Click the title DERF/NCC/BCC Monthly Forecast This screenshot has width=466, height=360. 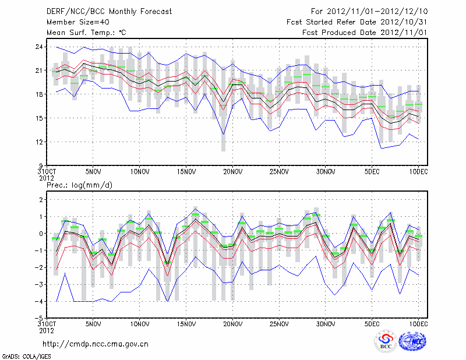109,12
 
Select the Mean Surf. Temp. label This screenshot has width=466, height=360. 86,33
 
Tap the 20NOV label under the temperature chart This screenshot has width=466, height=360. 232,172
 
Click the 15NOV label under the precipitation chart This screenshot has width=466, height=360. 186,324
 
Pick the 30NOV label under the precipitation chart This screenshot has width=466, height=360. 326,324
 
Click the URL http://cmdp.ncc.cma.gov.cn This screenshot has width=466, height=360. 96,344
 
